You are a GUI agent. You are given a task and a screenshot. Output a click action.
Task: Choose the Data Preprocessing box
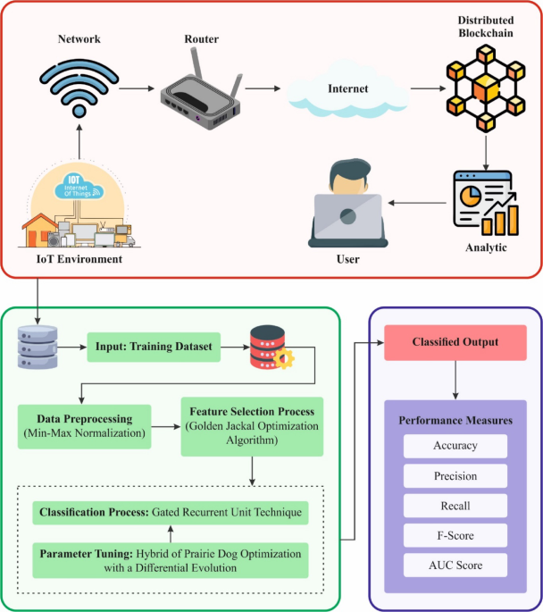point(85,425)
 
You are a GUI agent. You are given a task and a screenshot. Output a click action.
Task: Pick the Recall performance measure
point(455,506)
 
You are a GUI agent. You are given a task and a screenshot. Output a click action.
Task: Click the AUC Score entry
point(455,565)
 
